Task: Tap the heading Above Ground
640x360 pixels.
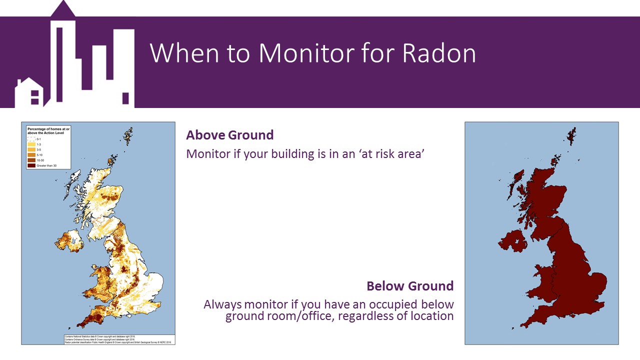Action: [x=229, y=135]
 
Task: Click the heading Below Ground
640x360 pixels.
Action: [x=410, y=286]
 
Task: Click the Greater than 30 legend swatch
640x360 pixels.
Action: [x=31, y=165]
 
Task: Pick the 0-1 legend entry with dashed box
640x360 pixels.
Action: [x=31, y=139]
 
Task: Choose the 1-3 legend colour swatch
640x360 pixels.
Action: [x=31, y=144]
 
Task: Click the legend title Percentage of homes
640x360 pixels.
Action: [x=48, y=131]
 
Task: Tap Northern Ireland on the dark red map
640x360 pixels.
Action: [x=512, y=241]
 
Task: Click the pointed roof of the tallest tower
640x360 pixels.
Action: [x=63, y=8]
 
